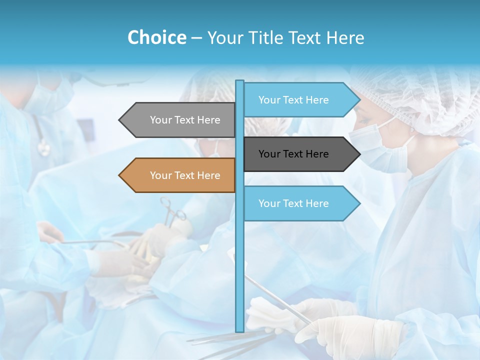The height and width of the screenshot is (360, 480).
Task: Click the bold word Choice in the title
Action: pyautogui.click(x=156, y=37)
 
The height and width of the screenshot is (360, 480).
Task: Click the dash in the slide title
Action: pyautogui.click(x=196, y=37)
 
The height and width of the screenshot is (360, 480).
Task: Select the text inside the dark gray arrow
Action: pyautogui.click(x=293, y=154)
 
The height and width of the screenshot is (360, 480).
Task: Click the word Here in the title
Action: pyautogui.click(x=345, y=37)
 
